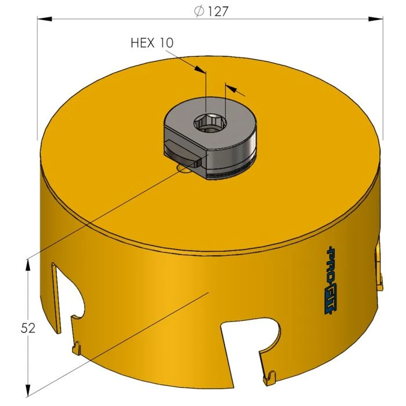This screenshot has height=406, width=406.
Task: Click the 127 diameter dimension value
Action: pos(216,11)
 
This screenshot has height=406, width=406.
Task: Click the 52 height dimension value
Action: pos(27,328)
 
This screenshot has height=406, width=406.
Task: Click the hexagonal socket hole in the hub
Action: pos(212,122)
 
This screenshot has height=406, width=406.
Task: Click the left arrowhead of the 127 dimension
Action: pos(43,19)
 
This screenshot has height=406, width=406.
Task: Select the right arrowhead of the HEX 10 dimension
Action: pos(230,88)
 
